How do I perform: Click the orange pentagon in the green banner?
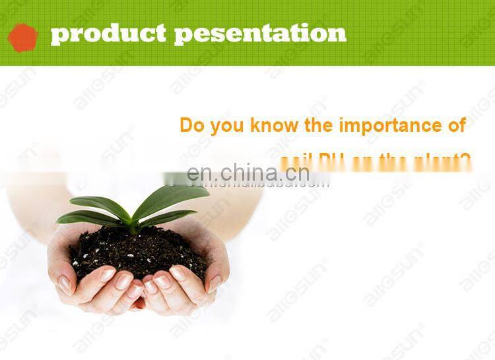[22, 37]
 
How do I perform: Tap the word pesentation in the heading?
[260, 34]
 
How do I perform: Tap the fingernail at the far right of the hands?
[214, 284]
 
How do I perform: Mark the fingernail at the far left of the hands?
[65, 284]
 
